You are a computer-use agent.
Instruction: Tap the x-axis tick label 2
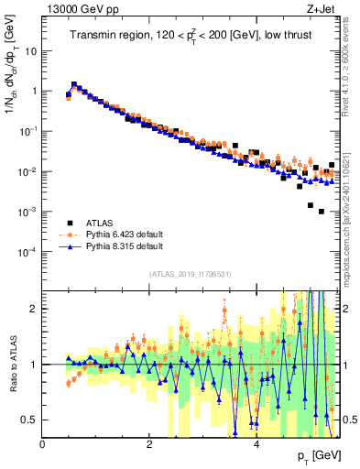coord(149,444)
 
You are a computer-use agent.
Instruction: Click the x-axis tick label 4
coord(256,444)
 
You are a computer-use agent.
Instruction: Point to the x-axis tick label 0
coord(43,444)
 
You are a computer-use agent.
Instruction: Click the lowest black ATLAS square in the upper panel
coord(321,212)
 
